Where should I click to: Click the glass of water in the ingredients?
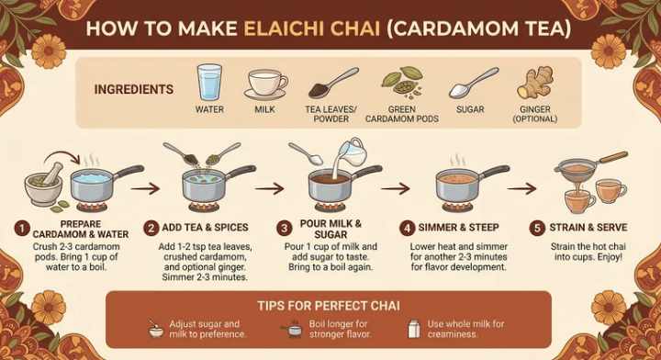[209, 82]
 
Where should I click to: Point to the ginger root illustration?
[535, 83]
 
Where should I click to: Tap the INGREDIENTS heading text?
[134, 90]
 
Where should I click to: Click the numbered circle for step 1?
[20, 227]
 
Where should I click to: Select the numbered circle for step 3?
[285, 227]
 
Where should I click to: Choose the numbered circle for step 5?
[540, 227]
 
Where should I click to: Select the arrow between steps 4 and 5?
[521, 187]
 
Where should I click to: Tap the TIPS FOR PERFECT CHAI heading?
[329, 306]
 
